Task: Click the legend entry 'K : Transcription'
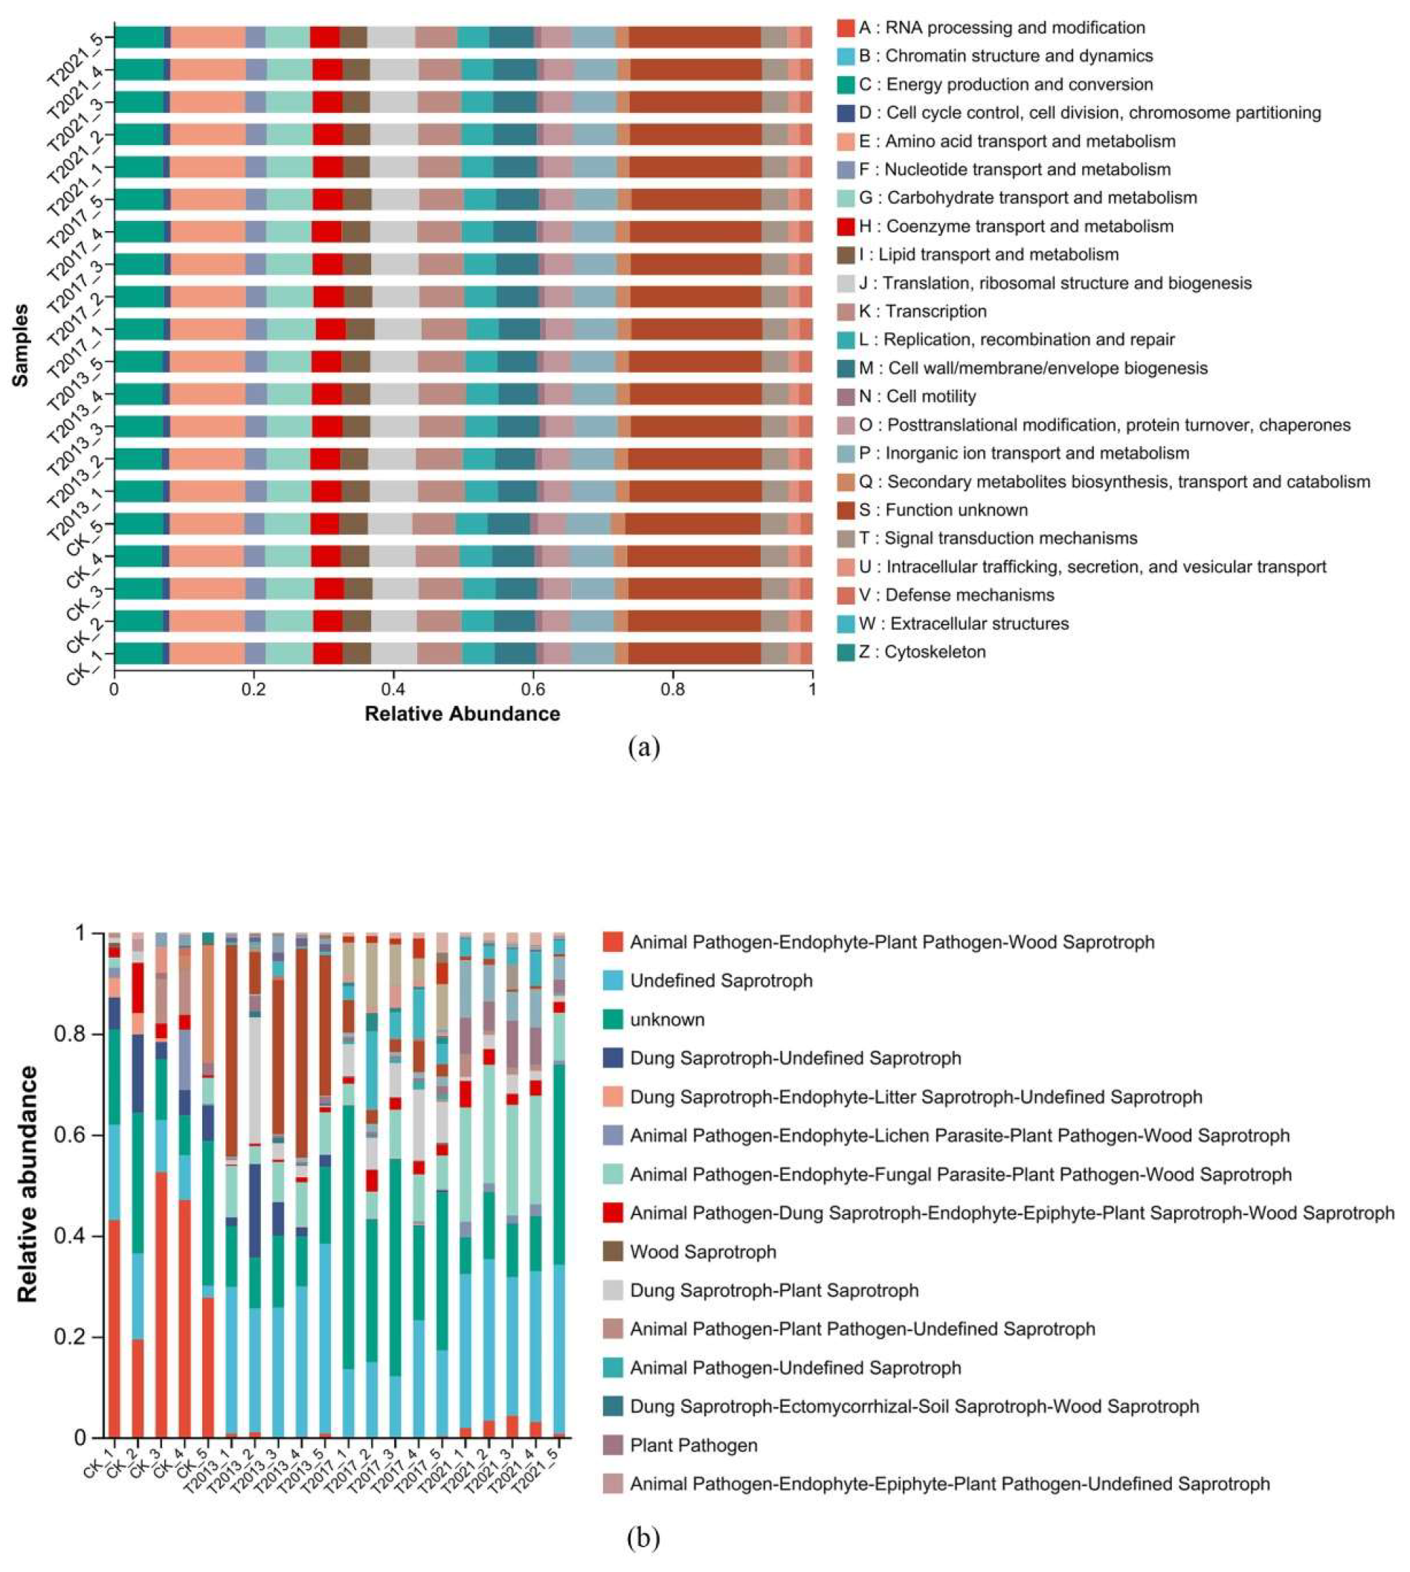[x=922, y=312]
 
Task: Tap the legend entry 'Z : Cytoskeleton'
[x=922, y=651]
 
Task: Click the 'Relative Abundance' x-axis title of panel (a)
[x=463, y=714]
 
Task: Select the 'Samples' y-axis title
[x=21, y=346]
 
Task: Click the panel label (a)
[x=645, y=747]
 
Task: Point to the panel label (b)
[x=645, y=1538]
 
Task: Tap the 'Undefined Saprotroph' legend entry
[x=721, y=981]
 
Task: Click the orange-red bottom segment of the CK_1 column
[x=114, y=1278]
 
